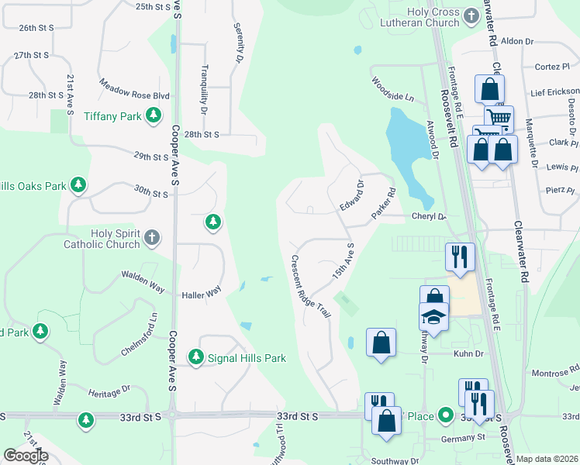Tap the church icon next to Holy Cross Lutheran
(471, 15)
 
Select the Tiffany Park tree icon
(154, 115)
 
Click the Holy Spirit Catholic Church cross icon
(152, 238)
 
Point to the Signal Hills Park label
(247, 358)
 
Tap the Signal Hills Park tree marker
(195, 357)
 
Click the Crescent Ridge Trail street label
(311, 286)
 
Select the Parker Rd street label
(384, 203)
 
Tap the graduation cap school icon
(433, 315)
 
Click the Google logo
(26, 455)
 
